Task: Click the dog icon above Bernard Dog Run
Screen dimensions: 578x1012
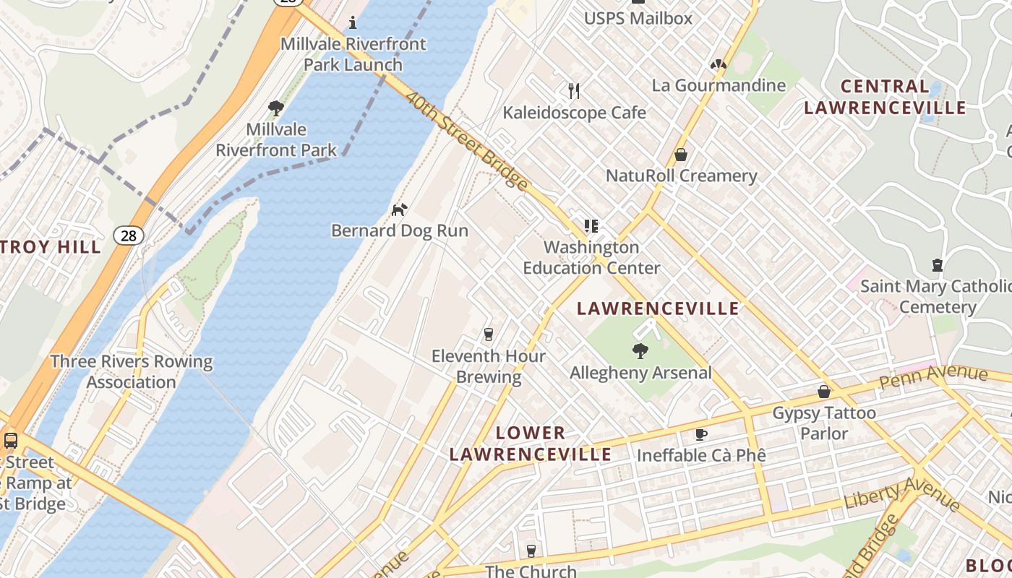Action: coord(399,210)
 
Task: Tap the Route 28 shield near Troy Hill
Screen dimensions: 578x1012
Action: coord(128,235)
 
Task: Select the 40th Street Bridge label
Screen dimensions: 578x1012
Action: coord(466,140)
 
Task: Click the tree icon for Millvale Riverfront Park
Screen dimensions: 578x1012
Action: coord(275,108)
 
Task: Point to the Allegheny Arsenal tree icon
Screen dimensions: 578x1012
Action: coord(640,352)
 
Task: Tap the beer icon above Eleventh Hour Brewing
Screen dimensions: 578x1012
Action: coord(489,335)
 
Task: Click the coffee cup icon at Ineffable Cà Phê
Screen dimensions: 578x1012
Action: coord(700,434)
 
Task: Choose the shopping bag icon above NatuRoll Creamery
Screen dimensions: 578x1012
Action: coord(680,155)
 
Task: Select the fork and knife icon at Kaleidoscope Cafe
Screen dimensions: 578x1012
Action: coord(574,91)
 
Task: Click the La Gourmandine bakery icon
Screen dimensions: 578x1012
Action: coord(718,65)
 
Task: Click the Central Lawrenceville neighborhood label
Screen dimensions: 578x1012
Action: coord(885,97)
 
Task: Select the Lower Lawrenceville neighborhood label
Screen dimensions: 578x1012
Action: coord(531,443)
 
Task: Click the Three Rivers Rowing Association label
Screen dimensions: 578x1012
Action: coord(132,371)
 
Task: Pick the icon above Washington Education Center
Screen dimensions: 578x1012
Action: coord(591,226)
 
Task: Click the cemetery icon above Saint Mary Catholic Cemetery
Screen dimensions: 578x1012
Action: coord(938,265)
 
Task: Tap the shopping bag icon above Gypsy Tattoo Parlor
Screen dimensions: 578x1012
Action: coord(823,392)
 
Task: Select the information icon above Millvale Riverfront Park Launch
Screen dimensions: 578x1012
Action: coord(353,22)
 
